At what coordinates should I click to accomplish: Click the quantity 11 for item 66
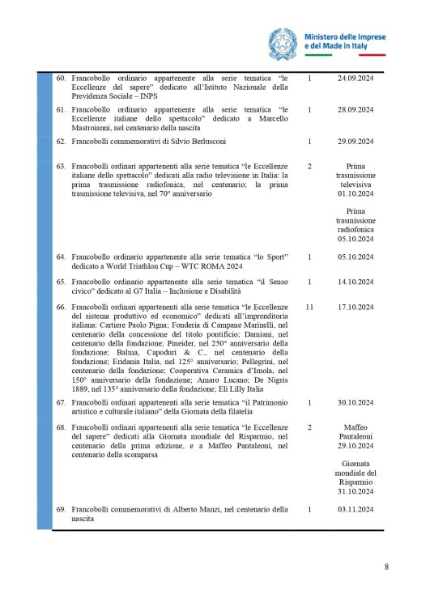pyautogui.click(x=310, y=308)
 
